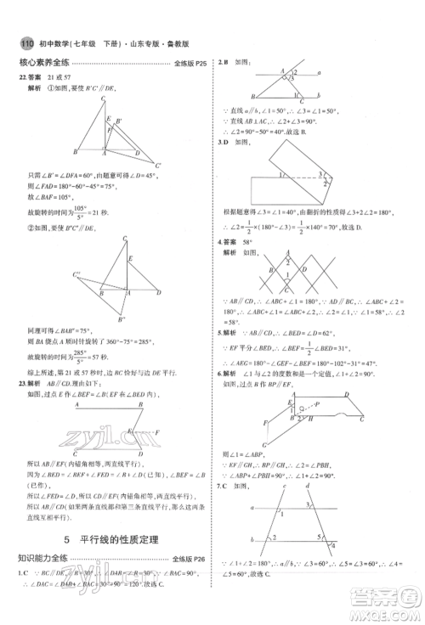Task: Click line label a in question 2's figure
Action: [318, 74]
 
